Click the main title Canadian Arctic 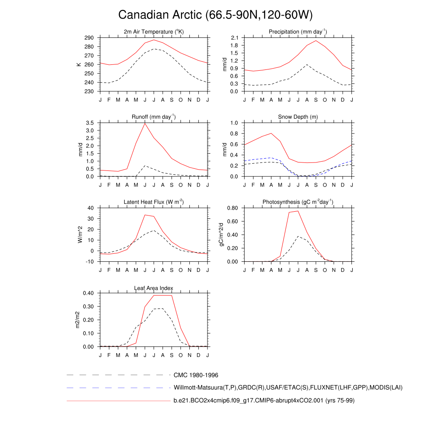coord(215,15)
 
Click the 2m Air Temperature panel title coord(154,32)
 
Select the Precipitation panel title coord(298,32)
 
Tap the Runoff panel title coord(154,117)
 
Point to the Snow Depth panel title coord(298,117)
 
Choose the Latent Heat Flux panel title coord(154,202)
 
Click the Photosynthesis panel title coord(298,202)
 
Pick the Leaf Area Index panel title coord(154,288)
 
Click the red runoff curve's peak coord(145,123)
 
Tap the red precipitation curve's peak coord(316,40)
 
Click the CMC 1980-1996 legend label coord(196,375)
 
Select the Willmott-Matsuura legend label coord(288,388)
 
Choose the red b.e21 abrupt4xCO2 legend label coord(264,401)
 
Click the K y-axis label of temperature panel coord(79,64)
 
